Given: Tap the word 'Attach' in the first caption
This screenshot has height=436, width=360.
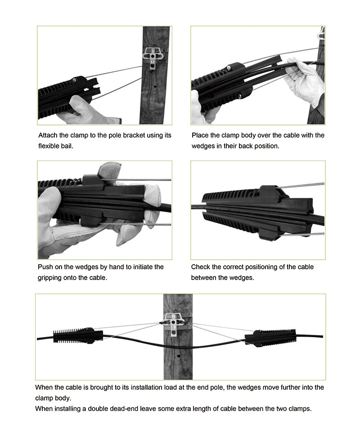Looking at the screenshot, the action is (x=48, y=135).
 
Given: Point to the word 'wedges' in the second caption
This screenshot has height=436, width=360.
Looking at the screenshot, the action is (x=202, y=146).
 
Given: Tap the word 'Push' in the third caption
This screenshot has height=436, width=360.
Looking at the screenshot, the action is (x=45, y=267).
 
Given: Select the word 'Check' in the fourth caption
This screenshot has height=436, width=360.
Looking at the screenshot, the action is (x=200, y=267).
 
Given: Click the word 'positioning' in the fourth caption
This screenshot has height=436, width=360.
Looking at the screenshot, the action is (x=260, y=267).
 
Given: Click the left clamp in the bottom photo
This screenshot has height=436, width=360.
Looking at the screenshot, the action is (x=78, y=336).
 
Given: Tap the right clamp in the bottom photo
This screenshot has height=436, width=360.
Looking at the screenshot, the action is (x=270, y=337).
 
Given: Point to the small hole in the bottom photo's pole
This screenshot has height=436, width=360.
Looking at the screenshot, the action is (x=179, y=356).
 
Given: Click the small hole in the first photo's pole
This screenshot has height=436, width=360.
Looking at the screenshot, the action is (x=155, y=86).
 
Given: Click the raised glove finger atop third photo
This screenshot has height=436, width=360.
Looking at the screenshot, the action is (x=109, y=170).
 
